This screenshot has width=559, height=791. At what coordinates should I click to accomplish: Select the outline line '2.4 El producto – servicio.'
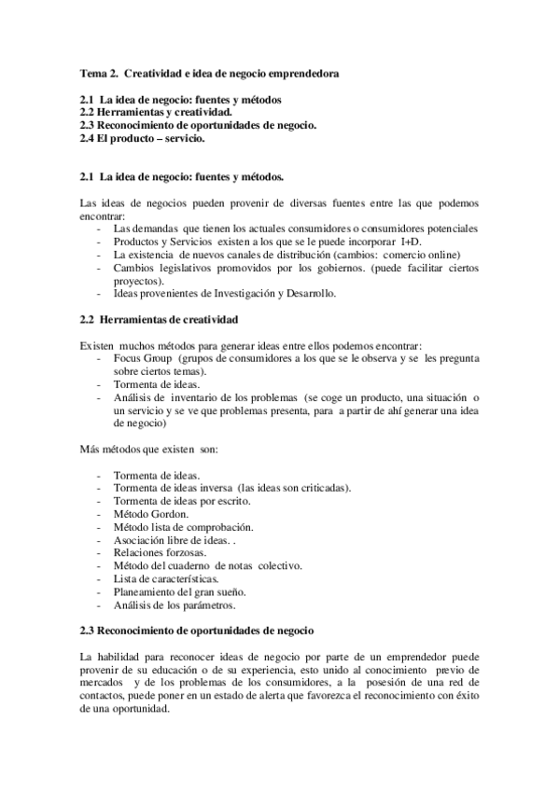pyautogui.click(x=142, y=139)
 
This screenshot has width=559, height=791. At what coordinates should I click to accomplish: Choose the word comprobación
pyautogui.click(x=213, y=527)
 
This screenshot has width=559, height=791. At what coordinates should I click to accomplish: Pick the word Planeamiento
pyautogui.click(x=147, y=592)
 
